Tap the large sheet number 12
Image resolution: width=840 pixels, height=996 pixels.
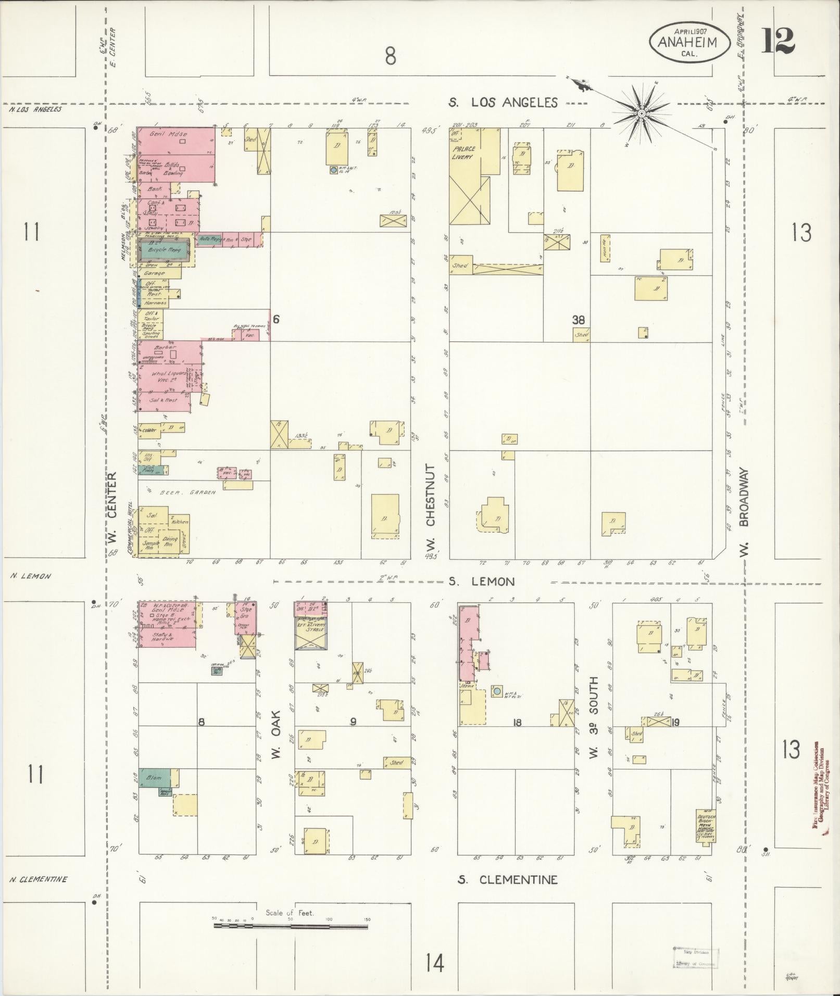coord(778,41)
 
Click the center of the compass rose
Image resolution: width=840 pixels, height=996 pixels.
coord(642,112)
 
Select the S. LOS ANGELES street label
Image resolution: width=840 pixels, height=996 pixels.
coord(503,103)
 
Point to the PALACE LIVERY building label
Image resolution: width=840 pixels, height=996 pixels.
coord(463,152)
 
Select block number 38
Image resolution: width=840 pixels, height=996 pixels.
coord(578,320)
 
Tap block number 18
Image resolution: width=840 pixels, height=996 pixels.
coord(517,722)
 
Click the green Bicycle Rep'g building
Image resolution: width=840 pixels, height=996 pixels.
coord(165,250)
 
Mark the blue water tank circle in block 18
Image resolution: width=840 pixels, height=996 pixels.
coord(497,691)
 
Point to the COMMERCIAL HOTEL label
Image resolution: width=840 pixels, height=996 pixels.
coord(129,529)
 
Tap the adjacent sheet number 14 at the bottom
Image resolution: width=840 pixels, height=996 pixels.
coord(434,963)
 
